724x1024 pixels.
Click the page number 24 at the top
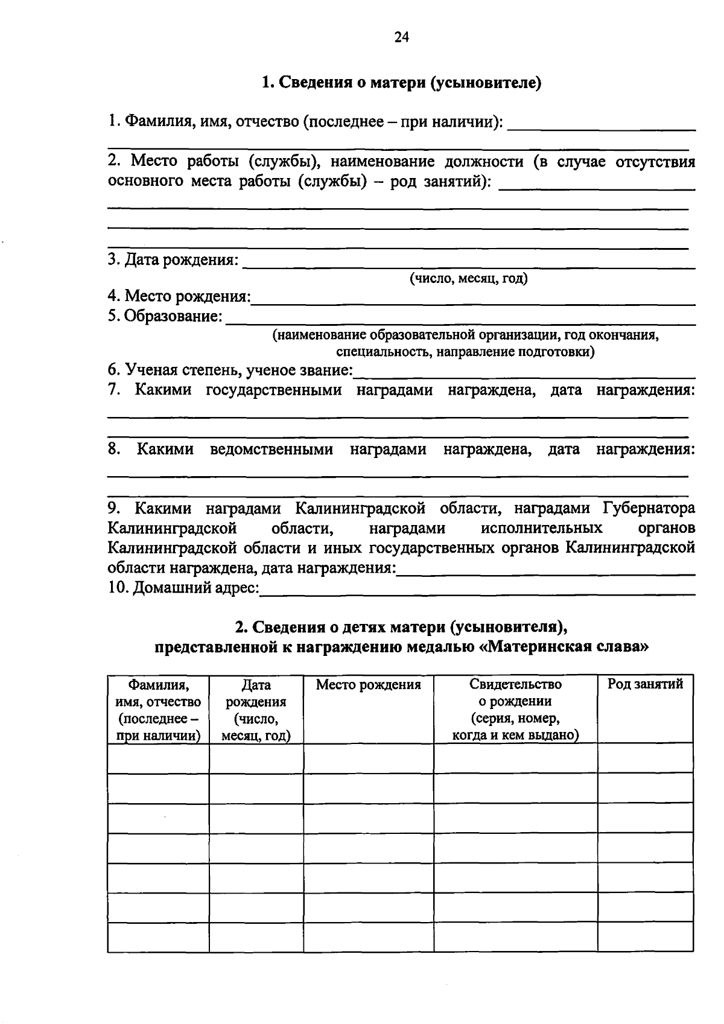pyautogui.click(x=402, y=38)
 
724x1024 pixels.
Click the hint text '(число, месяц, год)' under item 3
pyautogui.click(x=468, y=278)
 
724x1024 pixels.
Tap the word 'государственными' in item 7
pyautogui.click(x=274, y=390)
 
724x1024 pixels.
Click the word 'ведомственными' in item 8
pyautogui.click(x=271, y=449)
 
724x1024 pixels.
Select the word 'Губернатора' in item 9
pyautogui.click(x=649, y=508)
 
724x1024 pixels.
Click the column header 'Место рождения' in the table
pyautogui.click(x=368, y=684)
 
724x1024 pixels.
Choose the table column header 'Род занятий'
pyautogui.click(x=645, y=684)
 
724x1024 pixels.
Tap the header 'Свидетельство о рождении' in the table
pyautogui.click(x=515, y=693)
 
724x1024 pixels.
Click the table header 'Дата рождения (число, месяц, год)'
pyautogui.click(x=256, y=710)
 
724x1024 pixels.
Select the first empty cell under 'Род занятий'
pyautogui.click(x=645, y=758)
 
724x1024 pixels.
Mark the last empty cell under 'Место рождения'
pyautogui.click(x=368, y=937)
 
